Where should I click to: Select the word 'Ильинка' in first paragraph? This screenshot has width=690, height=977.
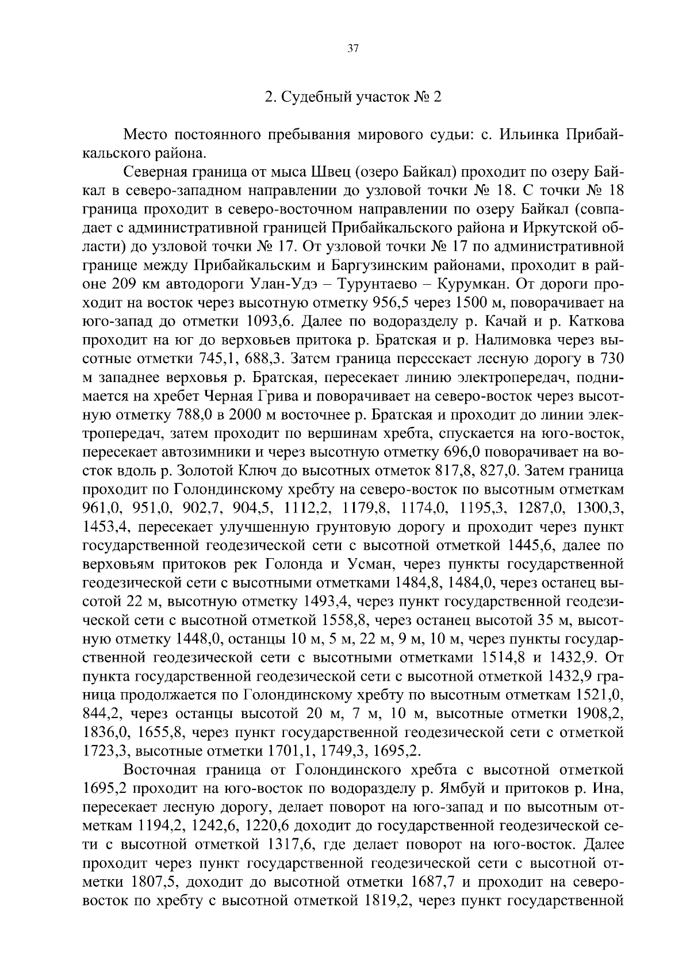click(530, 135)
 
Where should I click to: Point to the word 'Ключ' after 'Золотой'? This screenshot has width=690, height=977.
click(252, 470)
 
